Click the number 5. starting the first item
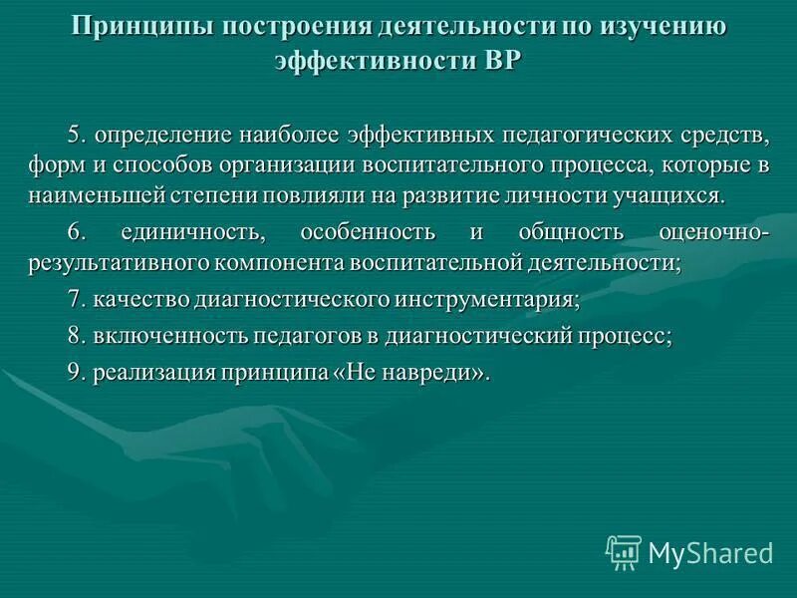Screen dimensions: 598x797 79,134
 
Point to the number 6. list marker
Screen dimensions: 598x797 79,233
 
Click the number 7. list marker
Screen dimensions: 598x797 79,300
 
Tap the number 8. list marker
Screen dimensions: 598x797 79,337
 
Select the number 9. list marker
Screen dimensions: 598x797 79,373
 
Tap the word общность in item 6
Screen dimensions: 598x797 571,233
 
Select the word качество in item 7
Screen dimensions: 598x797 139,300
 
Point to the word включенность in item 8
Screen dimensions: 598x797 171,337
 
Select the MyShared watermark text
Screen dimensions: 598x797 711,551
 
